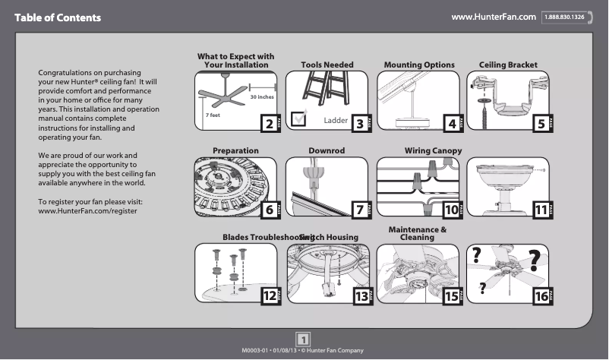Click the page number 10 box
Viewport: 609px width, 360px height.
(450, 210)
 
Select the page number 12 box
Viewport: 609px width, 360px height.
(268, 296)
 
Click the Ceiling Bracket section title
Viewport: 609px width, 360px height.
(508, 65)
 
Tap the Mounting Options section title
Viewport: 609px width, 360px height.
(419, 65)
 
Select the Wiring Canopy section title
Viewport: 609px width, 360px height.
(433, 151)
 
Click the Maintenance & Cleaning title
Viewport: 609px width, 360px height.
(417, 233)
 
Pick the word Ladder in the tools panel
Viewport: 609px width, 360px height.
(336, 120)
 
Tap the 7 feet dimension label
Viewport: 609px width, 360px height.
(213, 115)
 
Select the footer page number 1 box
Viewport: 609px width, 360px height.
(302, 339)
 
